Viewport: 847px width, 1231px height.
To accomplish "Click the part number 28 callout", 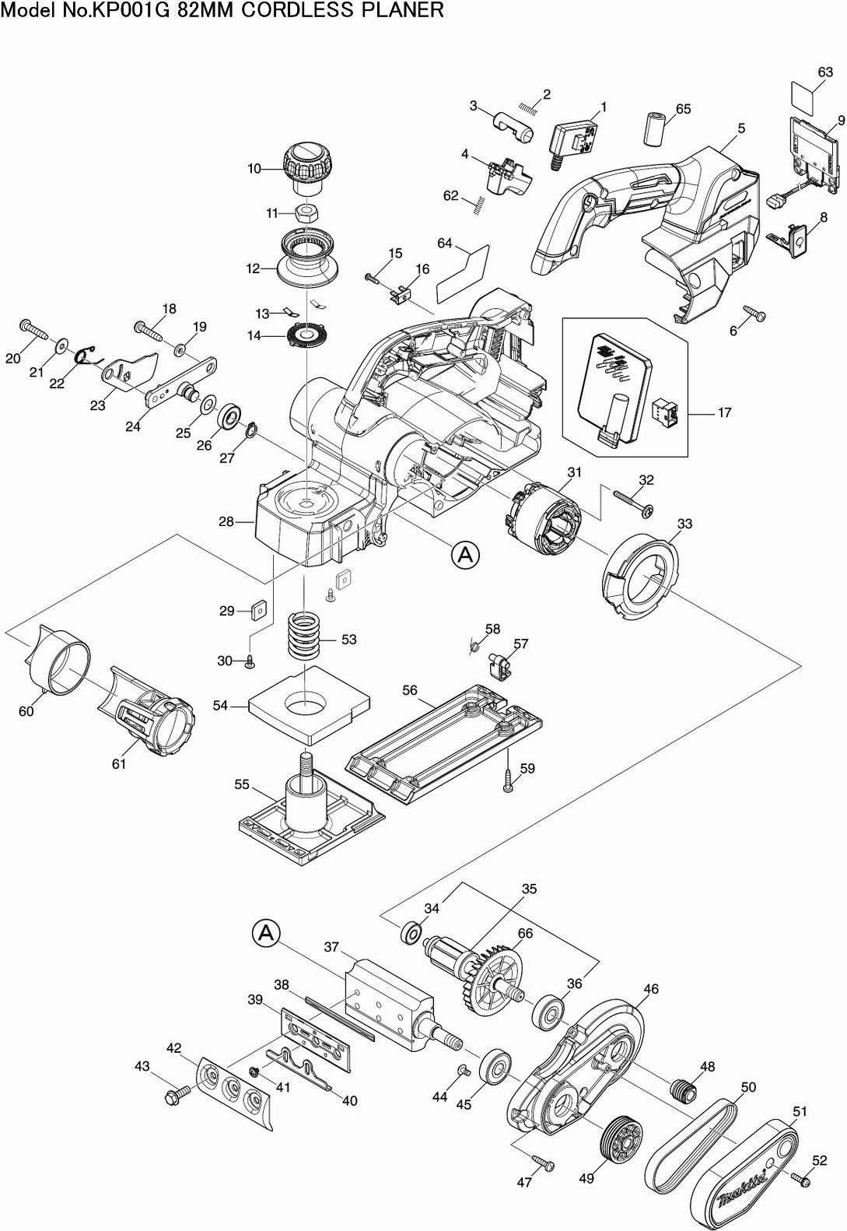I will tap(226, 521).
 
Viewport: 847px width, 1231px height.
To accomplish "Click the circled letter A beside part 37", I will tap(265, 932).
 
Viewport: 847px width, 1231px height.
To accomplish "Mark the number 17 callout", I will tap(724, 412).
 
